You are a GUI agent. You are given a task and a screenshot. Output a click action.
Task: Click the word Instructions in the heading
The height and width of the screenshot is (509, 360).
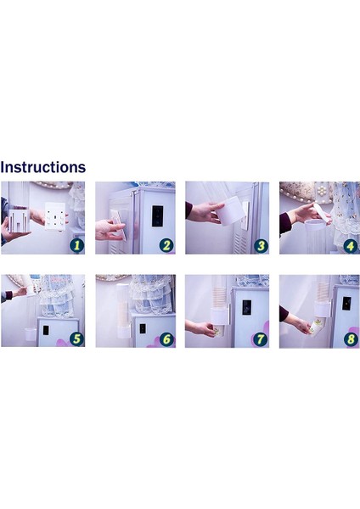coord(43,167)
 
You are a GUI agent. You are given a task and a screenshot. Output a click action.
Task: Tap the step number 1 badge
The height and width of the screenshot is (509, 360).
coord(76,245)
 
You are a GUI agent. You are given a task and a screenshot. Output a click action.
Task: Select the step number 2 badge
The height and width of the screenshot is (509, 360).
coord(166,245)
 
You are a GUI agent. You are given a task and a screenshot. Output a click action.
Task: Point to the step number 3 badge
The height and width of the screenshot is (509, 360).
coord(261,246)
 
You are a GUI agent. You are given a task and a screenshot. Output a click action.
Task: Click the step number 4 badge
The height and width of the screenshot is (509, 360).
coord(351,246)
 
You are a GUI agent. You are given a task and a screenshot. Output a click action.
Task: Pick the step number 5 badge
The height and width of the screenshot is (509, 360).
coord(76,338)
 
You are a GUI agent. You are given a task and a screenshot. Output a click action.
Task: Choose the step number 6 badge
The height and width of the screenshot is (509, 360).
coord(166,339)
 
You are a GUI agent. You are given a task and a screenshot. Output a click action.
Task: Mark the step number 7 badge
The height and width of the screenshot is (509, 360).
coord(261,339)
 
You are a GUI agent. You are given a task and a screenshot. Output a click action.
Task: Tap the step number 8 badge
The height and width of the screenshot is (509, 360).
coord(351,339)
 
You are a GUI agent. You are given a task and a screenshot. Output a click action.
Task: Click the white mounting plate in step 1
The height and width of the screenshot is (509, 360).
coord(55,215)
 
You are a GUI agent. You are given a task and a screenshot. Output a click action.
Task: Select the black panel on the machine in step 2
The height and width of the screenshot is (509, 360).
coord(157,215)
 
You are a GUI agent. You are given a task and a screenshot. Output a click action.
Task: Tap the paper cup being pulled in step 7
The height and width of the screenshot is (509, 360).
coord(217,331)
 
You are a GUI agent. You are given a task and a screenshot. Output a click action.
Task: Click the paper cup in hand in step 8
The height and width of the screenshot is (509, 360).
coord(315,327)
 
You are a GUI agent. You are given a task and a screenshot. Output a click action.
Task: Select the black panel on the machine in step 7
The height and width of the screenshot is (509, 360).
coord(247,307)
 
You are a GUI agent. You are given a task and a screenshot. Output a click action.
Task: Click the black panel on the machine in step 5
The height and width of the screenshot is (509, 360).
coord(46,331)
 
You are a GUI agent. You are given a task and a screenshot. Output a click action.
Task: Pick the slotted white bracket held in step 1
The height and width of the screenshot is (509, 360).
coord(20,221)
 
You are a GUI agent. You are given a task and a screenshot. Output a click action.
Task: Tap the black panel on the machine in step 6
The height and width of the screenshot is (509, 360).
coord(143,328)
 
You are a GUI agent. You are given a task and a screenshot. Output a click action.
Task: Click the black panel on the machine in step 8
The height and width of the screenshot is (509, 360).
coord(346,303)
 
